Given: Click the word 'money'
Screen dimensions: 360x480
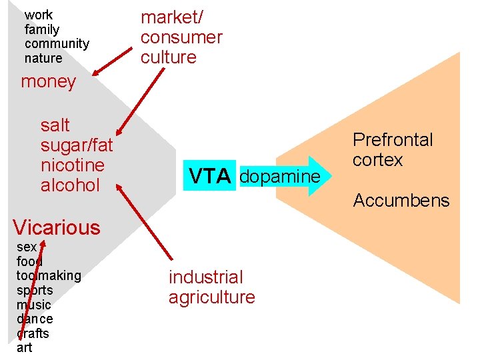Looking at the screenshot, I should point(48,82).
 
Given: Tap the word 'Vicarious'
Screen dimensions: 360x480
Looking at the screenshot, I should point(56,227).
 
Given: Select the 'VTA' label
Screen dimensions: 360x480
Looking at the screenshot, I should point(210,177).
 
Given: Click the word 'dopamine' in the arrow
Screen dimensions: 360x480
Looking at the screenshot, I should point(279,177).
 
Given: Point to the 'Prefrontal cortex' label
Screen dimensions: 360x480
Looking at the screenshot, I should point(392,150).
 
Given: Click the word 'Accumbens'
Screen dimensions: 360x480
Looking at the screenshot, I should point(401,200).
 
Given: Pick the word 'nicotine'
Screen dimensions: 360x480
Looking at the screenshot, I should point(72,165).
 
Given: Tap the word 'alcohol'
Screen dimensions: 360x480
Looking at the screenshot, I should point(70,185).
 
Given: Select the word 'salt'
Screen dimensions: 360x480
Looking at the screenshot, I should point(55,125).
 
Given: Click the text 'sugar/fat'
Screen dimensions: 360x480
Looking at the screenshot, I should point(77,145).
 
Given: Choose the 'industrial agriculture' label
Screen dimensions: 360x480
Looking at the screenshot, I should point(211,287).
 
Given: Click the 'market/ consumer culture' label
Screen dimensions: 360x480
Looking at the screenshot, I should point(181,37).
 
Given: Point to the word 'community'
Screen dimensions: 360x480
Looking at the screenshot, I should point(57,44).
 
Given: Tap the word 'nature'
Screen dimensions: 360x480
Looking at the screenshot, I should point(43,59).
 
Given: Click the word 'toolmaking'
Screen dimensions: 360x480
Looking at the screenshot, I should point(49,275).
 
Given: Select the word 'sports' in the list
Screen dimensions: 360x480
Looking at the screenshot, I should point(35,290).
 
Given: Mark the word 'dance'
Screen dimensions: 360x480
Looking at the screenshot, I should point(35,319).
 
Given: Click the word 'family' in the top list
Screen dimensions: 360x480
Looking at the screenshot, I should point(41,29).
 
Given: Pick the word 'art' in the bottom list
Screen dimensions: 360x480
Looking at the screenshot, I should point(24,347).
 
